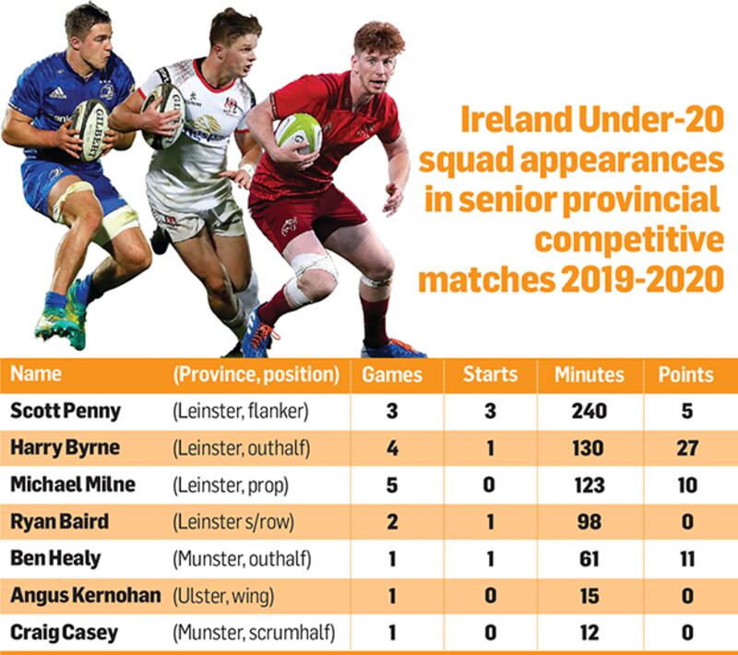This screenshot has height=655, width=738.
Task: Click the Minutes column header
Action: click(x=589, y=375)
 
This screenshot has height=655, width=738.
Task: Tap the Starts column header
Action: click(x=490, y=375)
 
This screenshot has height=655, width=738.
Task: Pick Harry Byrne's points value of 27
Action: click(x=685, y=448)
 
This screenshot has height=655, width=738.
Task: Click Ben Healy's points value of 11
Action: click(x=685, y=559)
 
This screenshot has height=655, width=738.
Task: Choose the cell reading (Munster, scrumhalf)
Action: click(x=253, y=633)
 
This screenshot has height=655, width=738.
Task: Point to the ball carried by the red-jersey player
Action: click(x=299, y=133)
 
